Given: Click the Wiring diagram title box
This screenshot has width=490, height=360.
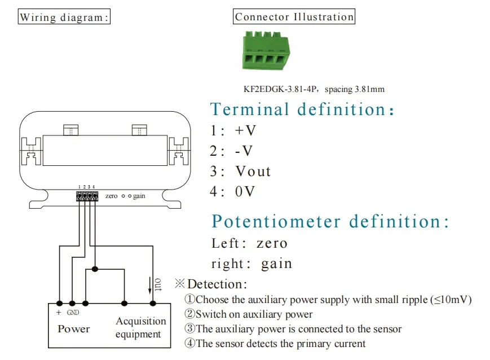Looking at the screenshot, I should [x=64, y=17].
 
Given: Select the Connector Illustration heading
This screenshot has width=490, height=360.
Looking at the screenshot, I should [x=294, y=16].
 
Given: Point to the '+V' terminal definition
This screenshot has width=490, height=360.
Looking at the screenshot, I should [x=245, y=130].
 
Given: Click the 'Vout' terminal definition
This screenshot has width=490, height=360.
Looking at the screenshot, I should [x=253, y=171].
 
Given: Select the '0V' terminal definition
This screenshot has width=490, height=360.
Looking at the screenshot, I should [x=245, y=191].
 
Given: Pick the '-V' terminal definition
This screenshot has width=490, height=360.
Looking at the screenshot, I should [x=244, y=151].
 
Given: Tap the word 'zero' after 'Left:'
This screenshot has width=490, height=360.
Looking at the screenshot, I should [x=272, y=243].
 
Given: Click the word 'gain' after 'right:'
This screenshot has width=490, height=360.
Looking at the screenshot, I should [x=276, y=264].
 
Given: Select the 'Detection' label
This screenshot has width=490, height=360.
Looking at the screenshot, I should [x=216, y=284].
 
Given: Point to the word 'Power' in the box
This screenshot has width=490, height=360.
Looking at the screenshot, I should [x=73, y=328].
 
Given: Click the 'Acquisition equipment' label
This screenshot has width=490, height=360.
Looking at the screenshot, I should [x=140, y=327].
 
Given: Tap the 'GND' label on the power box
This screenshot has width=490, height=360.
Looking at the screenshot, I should [x=73, y=313].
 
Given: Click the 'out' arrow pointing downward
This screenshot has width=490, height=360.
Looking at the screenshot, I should [x=150, y=286].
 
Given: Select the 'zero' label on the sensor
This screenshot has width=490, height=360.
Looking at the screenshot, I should [x=111, y=196].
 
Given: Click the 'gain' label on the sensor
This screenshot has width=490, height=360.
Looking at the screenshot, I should [x=139, y=196].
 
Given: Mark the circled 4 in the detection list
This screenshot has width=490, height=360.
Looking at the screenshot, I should [x=189, y=344].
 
